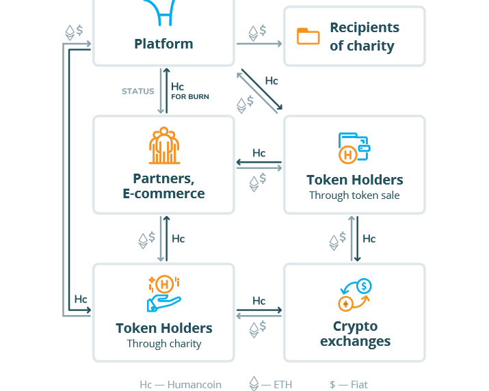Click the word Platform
pos(163,44)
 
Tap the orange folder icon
pos(308,36)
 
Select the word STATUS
pos(138,91)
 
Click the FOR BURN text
pos(190,96)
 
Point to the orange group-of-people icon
pos(164,146)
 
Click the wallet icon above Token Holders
pos(354,148)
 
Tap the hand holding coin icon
pos(164,293)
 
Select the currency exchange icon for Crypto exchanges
pos(355,295)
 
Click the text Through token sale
pos(354,195)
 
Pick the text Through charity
pos(164,344)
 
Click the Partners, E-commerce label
pos(163,186)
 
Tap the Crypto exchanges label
pos(355,334)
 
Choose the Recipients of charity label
pos(365,36)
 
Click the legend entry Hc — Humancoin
pos(181,384)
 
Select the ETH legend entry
pos(271,383)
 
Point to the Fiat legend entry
pos(349,384)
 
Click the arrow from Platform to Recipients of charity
pos(259,44)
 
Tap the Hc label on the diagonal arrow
pos(272,81)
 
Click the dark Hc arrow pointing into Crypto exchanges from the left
pos(259,310)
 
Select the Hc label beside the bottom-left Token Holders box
pos(81,299)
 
